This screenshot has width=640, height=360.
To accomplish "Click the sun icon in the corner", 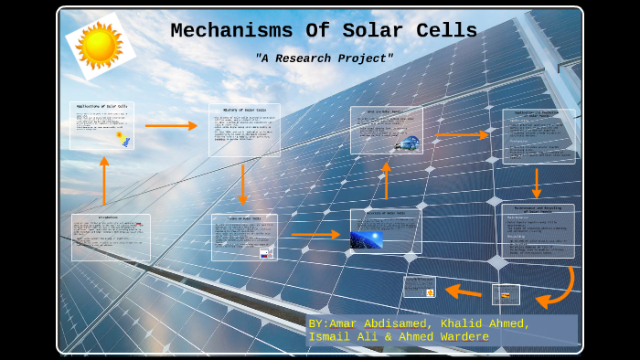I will (x=100, y=45).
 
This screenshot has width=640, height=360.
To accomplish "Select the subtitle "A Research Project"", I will (x=324, y=58).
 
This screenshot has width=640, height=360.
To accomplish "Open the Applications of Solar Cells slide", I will (x=101, y=125).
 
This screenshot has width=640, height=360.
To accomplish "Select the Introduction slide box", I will (x=111, y=237).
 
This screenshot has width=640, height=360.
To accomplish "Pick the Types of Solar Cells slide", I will (x=243, y=237).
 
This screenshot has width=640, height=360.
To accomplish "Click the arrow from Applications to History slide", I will (x=171, y=125).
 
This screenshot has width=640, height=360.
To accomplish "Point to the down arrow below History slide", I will (x=242, y=184).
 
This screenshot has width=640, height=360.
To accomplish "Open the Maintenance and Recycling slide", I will (x=538, y=230).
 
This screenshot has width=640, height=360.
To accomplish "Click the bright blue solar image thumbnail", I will (x=367, y=239).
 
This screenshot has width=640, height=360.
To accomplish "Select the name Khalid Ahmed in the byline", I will (x=485, y=323).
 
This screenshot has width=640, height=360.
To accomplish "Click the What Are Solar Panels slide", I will (x=386, y=130).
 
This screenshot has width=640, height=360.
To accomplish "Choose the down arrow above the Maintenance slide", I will (x=537, y=183).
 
